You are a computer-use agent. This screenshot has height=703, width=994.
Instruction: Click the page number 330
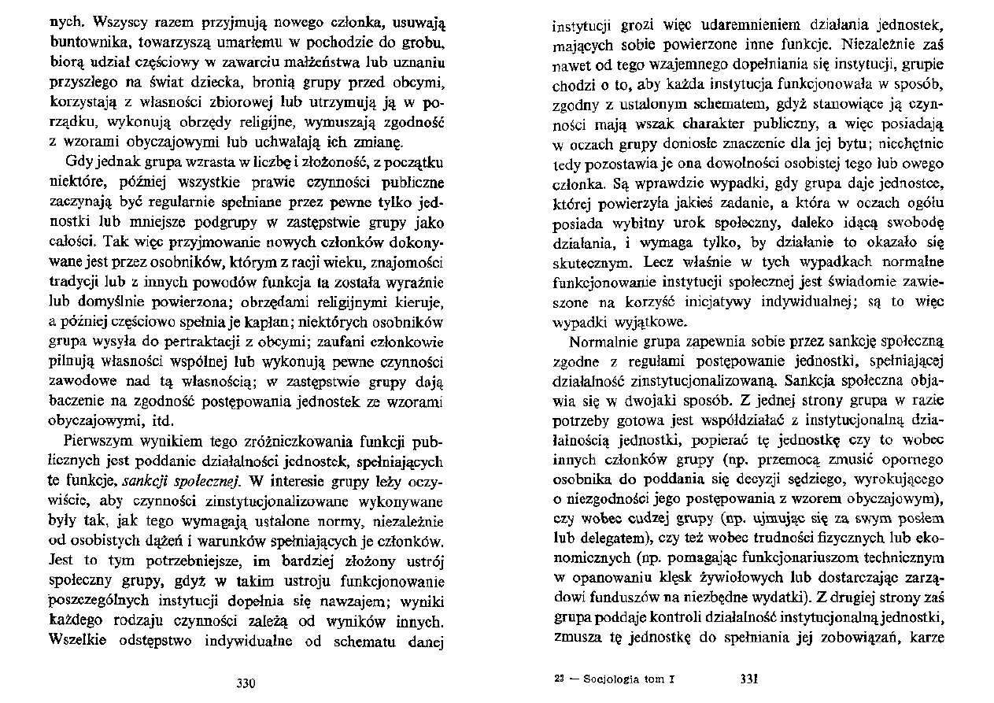point(247,683)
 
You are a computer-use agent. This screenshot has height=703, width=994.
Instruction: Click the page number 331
point(749,679)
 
